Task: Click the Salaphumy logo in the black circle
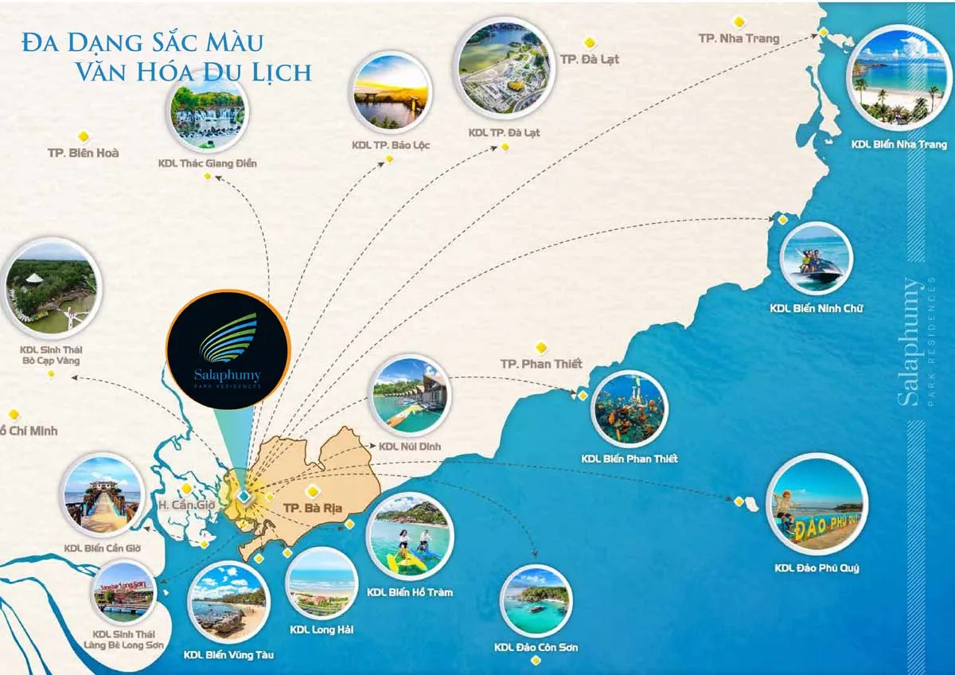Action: click(x=228, y=350)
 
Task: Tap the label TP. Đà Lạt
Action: click(x=590, y=59)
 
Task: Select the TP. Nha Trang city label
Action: click(x=739, y=38)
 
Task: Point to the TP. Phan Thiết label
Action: click(x=541, y=364)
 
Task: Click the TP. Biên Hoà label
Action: click(x=83, y=152)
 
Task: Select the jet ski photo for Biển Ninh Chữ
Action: click(x=816, y=259)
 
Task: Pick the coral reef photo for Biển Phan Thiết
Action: click(x=629, y=408)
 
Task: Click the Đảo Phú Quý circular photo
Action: click(x=817, y=504)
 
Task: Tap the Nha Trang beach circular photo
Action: click(x=898, y=77)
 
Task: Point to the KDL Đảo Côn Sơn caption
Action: click(x=536, y=648)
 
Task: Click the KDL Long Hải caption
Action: click(x=322, y=630)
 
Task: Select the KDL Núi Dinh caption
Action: click(x=410, y=447)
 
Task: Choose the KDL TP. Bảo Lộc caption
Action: click(x=390, y=146)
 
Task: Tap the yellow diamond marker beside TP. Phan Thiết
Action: click(x=541, y=347)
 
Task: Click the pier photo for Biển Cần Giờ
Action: click(x=103, y=496)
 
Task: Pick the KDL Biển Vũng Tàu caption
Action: click(x=228, y=654)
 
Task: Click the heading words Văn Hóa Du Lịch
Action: click(x=193, y=72)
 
